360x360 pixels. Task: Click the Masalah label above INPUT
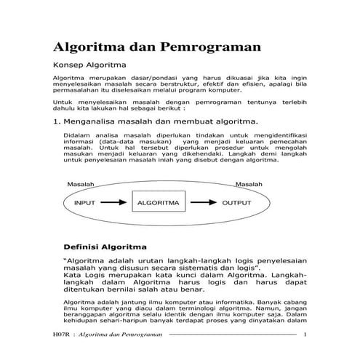81,185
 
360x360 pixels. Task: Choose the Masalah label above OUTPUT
248,185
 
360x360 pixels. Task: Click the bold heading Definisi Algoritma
106,247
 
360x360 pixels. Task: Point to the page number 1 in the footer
305,335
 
